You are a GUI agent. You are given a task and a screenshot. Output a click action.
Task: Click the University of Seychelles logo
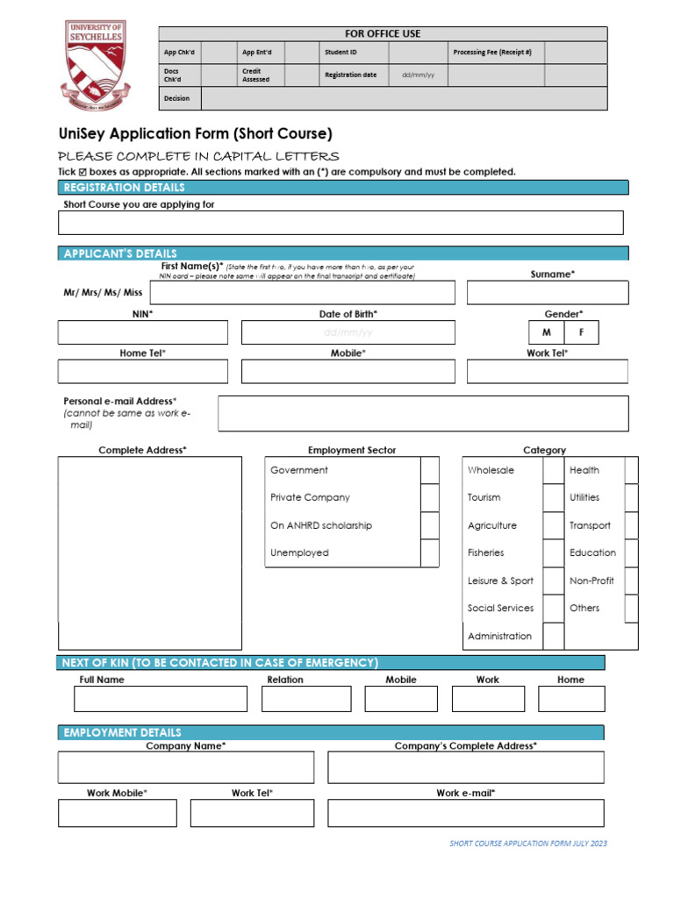click(x=96, y=66)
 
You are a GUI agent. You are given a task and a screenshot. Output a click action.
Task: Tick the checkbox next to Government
click(x=429, y=470)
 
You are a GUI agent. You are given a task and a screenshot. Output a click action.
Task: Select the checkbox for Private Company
click(x=429, y=497)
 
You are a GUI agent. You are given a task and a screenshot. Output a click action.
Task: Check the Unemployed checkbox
click(x=429, y=552)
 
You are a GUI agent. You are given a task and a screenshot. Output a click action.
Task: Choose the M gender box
click(x=547, y=333)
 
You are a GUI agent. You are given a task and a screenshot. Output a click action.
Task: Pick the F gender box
click(x=581, y=333)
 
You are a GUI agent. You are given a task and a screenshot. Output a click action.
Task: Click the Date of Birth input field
click(x=348, y=332)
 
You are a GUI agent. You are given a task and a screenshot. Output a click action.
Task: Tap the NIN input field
click(x=142, y=332)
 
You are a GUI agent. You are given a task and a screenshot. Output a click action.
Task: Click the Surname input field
click(x=547, y=293)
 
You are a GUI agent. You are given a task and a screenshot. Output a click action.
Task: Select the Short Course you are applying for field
click(x=341, y=223)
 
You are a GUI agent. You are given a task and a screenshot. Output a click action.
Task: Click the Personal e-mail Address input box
click(x=423, y=413)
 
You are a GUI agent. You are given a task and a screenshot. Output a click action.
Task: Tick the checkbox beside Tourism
click(x=553, y=497)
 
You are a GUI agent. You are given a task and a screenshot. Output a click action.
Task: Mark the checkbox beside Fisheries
click(x=553, y=552)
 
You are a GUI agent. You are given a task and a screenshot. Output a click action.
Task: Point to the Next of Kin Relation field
click(x=305, y=698)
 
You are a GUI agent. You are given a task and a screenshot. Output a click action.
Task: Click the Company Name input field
click(x=185, y=767)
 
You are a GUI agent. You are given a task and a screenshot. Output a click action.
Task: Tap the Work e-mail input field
click(x=465, y=813)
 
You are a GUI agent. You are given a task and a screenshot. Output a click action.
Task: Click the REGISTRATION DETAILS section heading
click(x=124, y=188)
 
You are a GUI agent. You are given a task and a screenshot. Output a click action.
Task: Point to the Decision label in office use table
click(x=176, y=98)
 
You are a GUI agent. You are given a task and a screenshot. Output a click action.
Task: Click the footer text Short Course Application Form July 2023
click(x=527, y=844)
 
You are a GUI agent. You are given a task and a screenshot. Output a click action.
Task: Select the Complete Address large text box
click(x=150, y=552)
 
